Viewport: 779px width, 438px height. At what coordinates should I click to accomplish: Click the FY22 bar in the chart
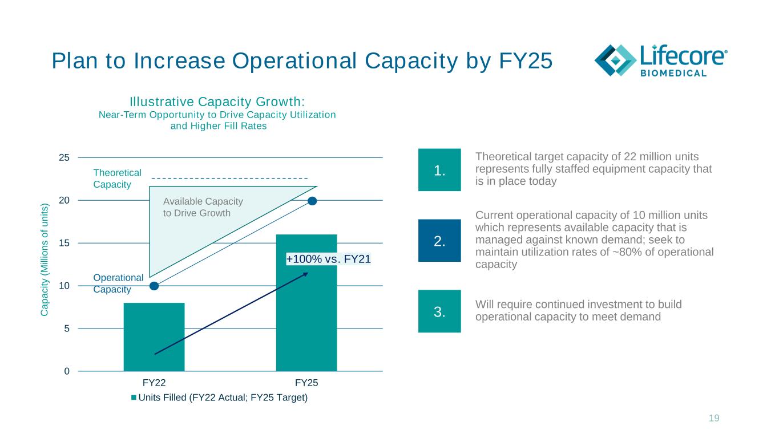pyautogui.click(x=154, y=337)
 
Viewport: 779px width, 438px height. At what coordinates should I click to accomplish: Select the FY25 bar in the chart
pyautogui.click(x=306, y=303)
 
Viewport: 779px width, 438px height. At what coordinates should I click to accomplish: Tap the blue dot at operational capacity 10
pyautogui.click(x=154, y=286)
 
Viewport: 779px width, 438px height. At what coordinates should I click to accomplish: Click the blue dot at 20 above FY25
pyautogui.click(x=312, y=201)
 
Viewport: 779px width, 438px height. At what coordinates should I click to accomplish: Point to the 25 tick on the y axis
pyautogui.click(x=64, y=158)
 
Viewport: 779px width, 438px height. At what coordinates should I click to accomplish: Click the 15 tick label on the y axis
pyautogui.click(x=64, y=243)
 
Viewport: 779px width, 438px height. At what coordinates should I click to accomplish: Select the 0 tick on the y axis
pyautogui.click(x=67, y=371)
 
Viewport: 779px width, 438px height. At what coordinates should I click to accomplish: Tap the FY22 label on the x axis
pyautogui.click(x=154, y=383)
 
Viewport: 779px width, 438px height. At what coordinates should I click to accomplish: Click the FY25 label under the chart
pyautogui.click(x=306, y=383)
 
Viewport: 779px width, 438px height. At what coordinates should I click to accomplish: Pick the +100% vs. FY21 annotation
pyautogui.click(x=328, y=259)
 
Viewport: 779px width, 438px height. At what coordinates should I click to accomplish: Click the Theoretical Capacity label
pyautogui.click(x=117, y=179)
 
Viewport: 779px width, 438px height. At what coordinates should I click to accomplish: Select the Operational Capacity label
pyautogui.click(x=118, y=283)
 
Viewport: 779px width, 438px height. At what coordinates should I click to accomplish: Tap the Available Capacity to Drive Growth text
pyautogui.click(x=203, y=207)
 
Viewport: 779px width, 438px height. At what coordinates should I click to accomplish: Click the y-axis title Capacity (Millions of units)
pyautogui.click(x=44, y=259)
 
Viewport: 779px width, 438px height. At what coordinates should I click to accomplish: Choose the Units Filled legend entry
pyautogui.click(x=220, y=398)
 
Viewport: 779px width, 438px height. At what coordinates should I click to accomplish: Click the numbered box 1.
pyautogui.click(x=439, y=169)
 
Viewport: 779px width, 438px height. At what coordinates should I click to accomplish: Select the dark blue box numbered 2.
pyautogui.click(x=439, y=241)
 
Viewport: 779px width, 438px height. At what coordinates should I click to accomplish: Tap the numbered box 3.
pyautogui.click(x=439, y=311)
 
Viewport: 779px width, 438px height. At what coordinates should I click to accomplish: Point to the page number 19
pyautogui.click(x=714, y=418)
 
